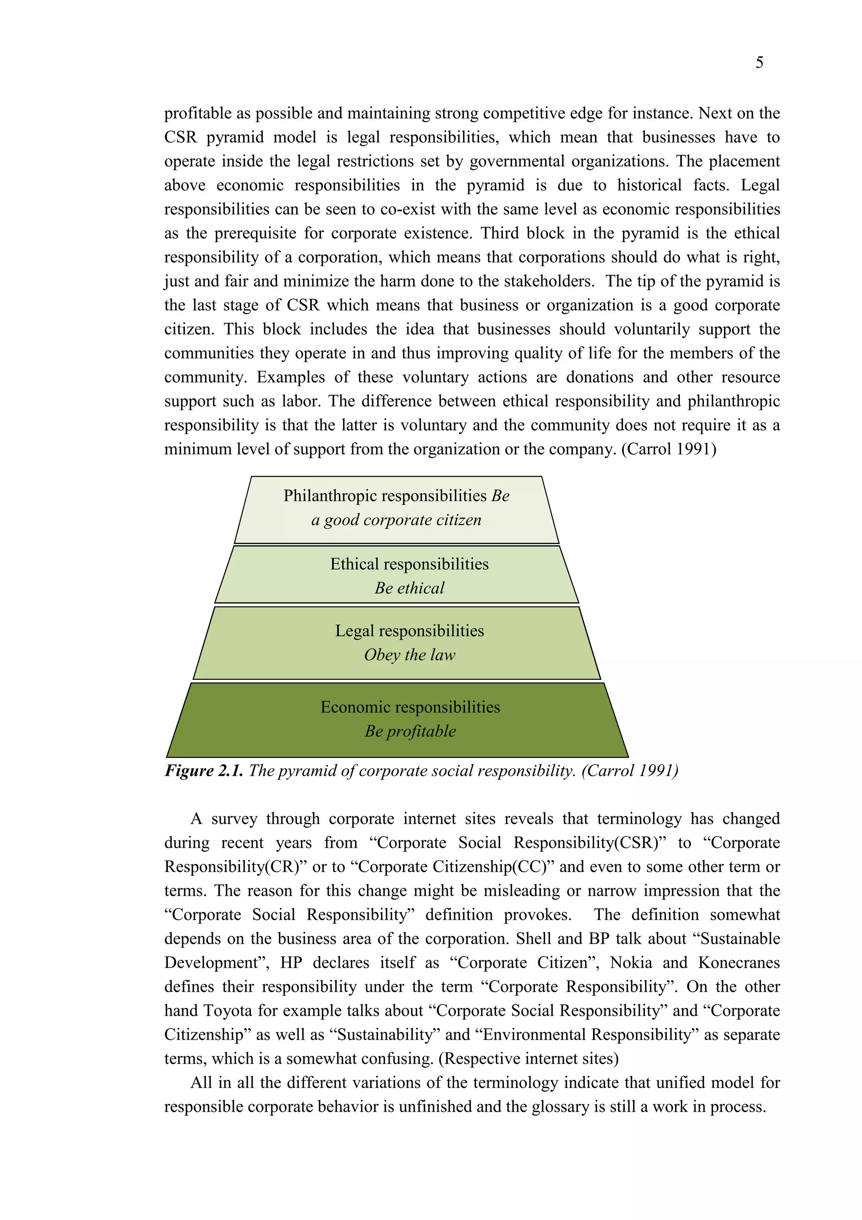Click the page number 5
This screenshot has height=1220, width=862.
759,63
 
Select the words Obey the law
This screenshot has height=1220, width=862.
410,655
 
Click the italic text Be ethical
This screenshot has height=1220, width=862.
409,588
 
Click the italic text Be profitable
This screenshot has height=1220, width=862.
410,731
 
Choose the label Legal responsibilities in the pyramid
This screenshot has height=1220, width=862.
410,631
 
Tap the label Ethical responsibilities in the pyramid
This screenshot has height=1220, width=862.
409,564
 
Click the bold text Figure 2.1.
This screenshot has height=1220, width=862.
204,770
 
